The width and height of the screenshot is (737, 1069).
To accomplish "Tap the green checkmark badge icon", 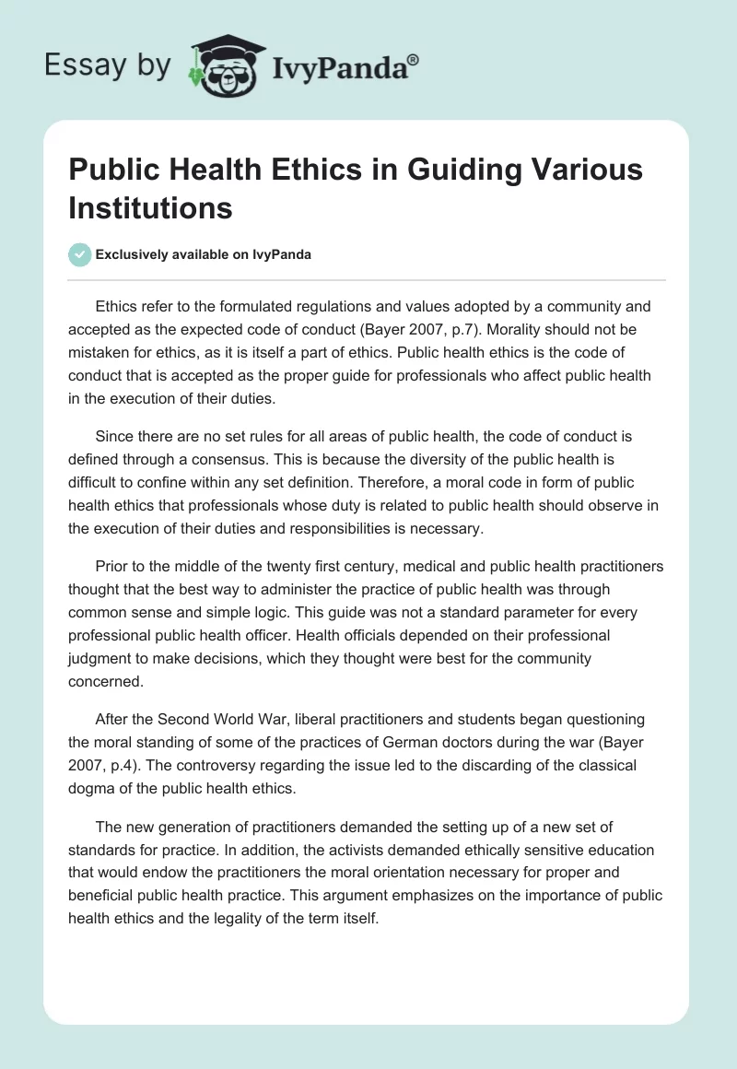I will tap(80, 254).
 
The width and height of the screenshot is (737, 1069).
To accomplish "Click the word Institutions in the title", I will tap(150, 207).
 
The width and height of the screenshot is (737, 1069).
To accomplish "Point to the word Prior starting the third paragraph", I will tap(113, 566).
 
